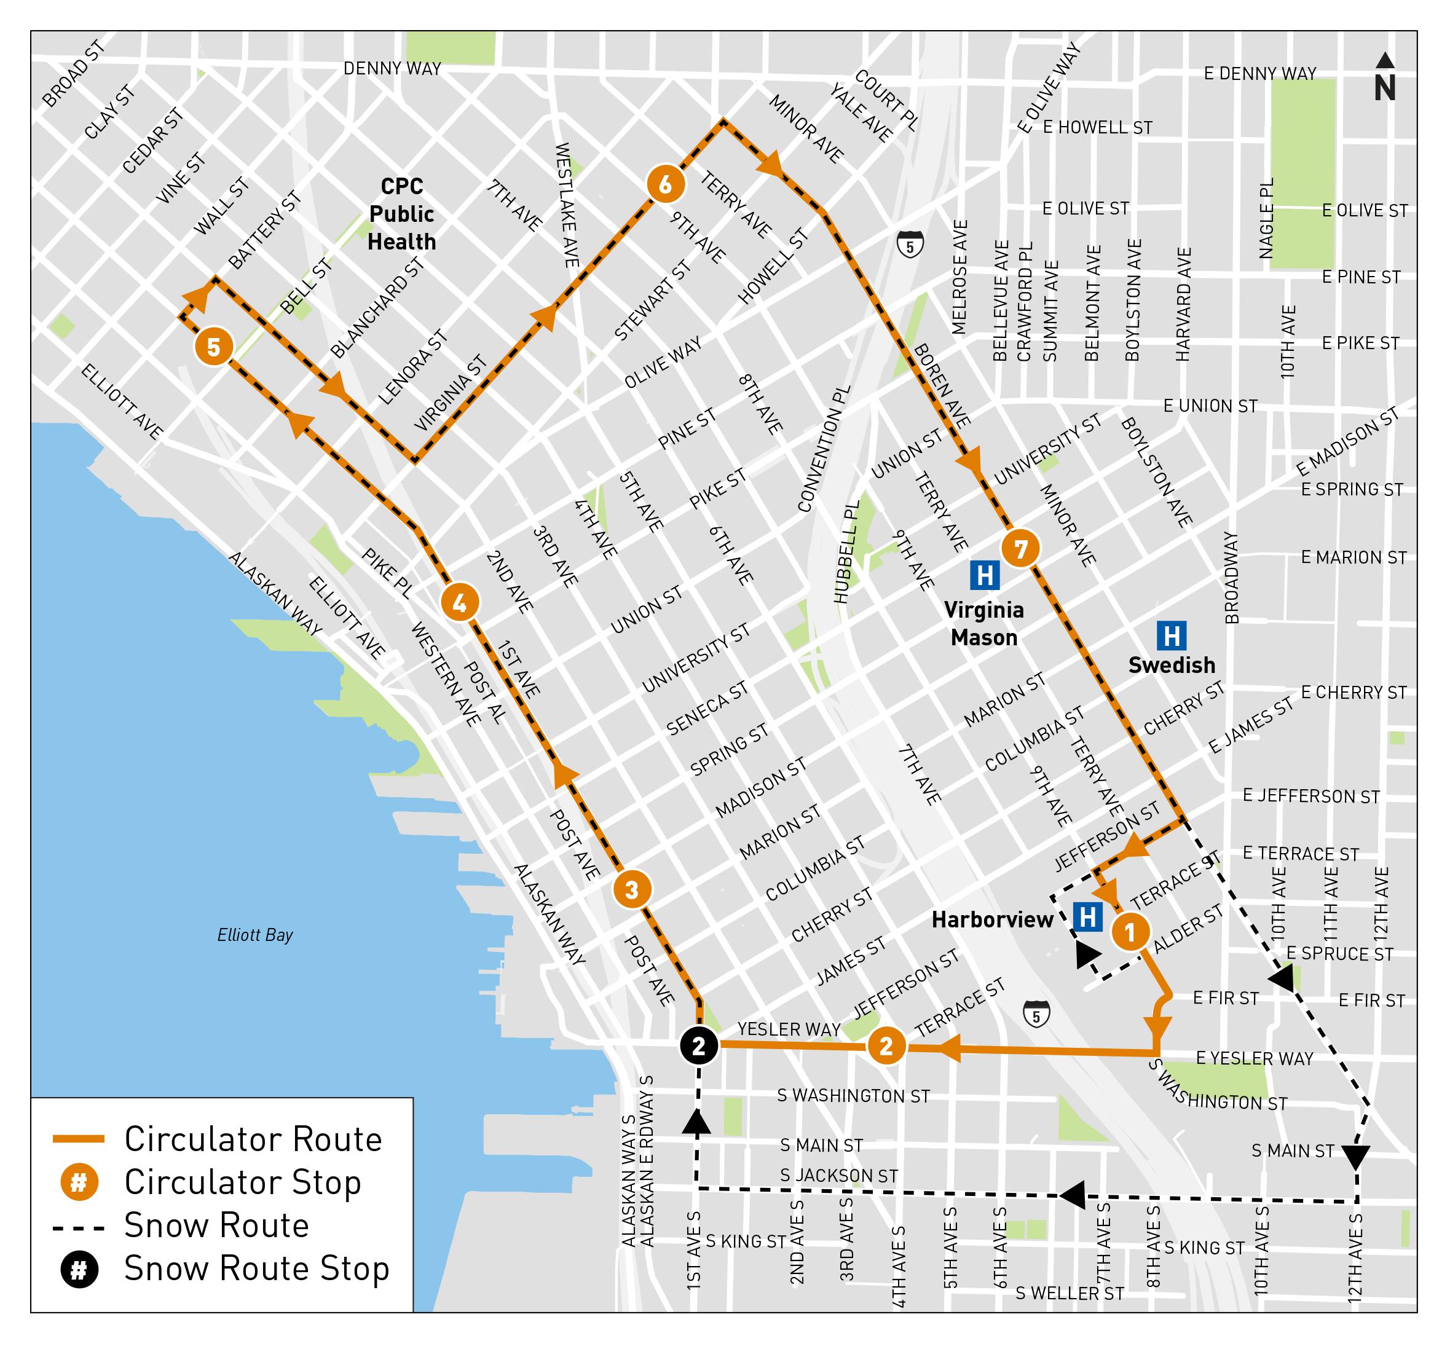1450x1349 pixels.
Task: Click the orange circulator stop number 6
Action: coord(665,184)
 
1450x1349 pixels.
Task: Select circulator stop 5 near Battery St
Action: coord(214,347)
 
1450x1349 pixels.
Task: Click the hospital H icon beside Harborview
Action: coord(1088,916)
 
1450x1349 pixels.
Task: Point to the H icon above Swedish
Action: coord(1172,635)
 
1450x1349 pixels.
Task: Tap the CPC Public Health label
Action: coord(401,214)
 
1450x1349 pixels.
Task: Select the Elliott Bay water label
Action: coord(254,935)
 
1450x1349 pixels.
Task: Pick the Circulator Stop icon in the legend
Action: coord(79,1182)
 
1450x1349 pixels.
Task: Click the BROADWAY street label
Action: coord(1231,578)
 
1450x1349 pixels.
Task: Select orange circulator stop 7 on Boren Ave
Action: coord(1020,548)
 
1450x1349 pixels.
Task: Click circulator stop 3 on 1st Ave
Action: coord(632,890)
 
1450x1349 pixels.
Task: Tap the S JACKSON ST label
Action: coord(839,1176)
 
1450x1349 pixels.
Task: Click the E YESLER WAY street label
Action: coord(1255,1058)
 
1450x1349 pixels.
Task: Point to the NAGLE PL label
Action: coord(1267,218)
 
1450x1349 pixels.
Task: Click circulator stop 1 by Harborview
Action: coord(1130,932)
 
